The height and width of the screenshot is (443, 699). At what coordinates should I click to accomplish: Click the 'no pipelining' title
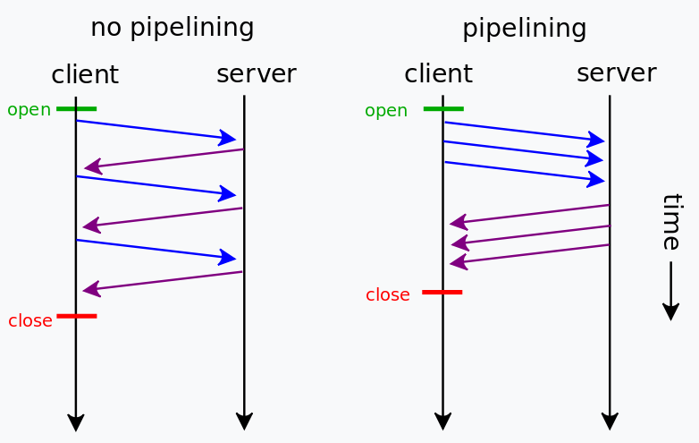click(172, 28)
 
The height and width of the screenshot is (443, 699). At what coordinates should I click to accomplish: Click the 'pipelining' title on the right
click(524, 29)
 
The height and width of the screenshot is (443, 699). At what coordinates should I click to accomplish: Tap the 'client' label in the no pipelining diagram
click(85, 74)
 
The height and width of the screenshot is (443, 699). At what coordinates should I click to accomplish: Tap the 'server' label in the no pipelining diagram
click(256, 73)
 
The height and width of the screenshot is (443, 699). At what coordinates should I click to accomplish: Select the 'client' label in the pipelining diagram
click(438, 73)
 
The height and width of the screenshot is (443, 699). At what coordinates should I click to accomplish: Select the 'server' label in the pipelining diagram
click(616, 72)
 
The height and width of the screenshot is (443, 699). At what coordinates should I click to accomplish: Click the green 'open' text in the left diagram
click(29, 110)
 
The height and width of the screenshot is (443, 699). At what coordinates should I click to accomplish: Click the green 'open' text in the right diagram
click(385, 111)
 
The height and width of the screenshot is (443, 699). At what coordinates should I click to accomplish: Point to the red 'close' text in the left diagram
click(29, 320)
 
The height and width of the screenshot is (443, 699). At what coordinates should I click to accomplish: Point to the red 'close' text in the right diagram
click(387, 294)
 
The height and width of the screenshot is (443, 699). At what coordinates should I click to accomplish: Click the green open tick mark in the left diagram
click(76, 109)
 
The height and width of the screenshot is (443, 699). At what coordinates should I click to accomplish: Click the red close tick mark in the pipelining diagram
click(442, 292)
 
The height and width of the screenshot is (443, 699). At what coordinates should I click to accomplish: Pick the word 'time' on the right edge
click(671, 221)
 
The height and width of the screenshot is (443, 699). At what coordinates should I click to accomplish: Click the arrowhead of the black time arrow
click(670, 311)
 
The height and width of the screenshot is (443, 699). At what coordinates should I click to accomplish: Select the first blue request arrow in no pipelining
click(156, 130)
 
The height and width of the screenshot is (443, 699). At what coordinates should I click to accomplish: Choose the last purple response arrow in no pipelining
click(162, 281)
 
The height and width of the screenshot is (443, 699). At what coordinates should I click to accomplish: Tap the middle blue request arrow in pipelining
click(524, 151)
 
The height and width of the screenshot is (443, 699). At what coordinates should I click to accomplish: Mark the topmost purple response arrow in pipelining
click(529, 214)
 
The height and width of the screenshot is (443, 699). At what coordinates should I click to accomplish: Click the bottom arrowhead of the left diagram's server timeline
click(244, 422)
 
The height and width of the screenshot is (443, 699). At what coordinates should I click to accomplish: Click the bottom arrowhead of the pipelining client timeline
click(442, 422)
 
